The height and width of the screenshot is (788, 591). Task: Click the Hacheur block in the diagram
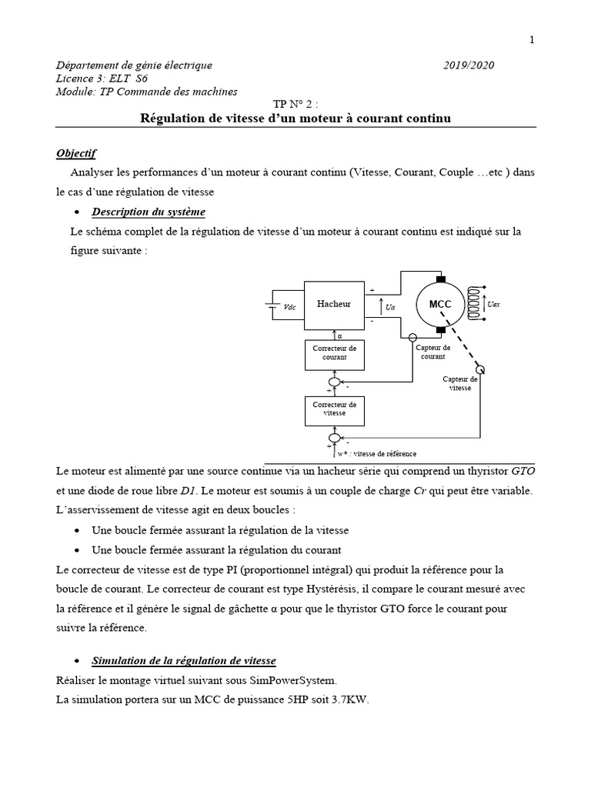click(334, 304)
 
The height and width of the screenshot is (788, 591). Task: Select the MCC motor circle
click(440, 305)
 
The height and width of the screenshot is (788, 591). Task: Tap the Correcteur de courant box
click(334, 353)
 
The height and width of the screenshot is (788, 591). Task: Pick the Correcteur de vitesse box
click(334, 409)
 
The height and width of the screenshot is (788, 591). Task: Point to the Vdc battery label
click(289, 307)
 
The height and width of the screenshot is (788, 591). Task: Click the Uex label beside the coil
click(494, 305)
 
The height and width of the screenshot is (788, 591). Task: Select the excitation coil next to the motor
click(475, 305)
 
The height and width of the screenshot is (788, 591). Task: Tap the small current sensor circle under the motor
click(412, 337)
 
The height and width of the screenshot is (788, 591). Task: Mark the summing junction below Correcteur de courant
click(334, 382)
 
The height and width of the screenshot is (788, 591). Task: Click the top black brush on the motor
click(440, 279)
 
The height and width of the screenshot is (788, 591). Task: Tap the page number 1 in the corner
click(532, 41)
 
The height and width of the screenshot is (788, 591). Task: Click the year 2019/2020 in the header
click(469, 65)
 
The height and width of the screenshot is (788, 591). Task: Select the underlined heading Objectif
click(76, 153)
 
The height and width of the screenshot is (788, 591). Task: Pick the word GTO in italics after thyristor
click(523, 471)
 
